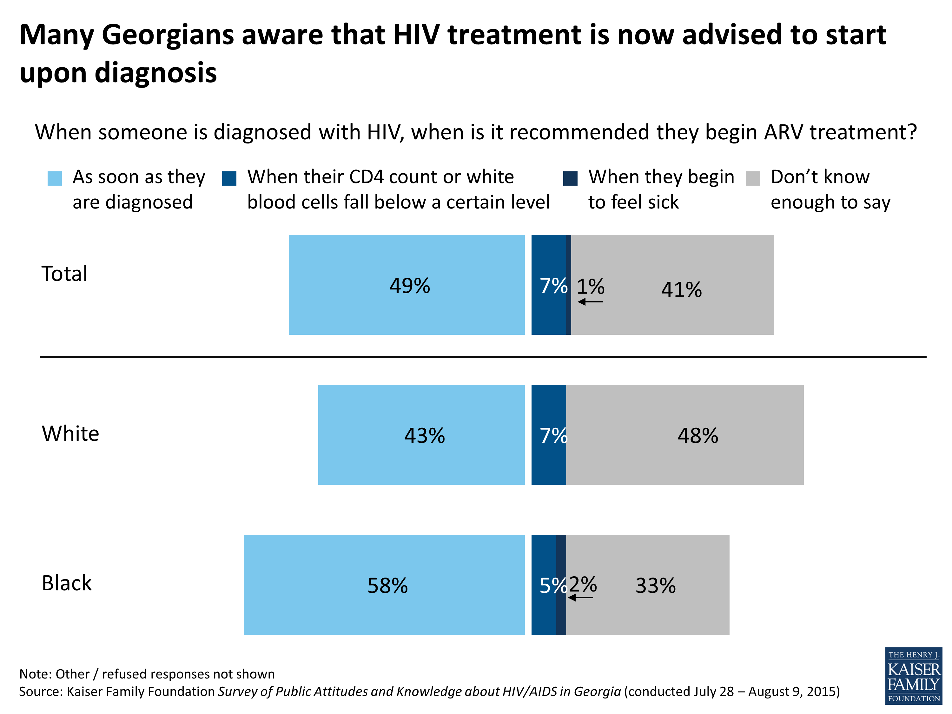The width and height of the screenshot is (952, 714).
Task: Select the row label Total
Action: pyautogui.click(x=64, y=274)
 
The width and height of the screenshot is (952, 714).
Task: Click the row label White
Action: pyautogui.click(x=70, y=433)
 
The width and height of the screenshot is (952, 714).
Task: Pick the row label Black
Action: pyautogui.click(x=67, y=583)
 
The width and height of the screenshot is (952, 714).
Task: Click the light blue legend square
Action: pyautogui.click(x=55, y=178)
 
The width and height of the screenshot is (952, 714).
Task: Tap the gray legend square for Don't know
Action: pyautogui.click(x=752, y=178)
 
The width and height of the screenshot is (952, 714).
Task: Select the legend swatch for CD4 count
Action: pyautogui.click(x=229, y=178)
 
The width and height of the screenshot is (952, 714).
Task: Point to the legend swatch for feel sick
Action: pyautogui.click(x=570, y=178)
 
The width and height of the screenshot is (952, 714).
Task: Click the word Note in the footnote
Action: pyautogui.click(x=33, y=674)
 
